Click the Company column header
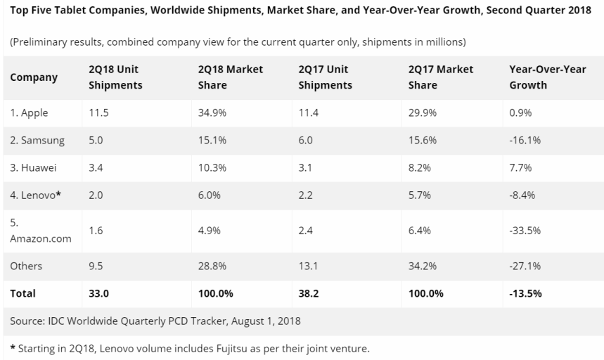click(x=34, y=77)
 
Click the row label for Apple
click(x=30, y=112)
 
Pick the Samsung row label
click(x=37, y=140)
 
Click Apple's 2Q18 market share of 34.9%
click(x=211, y=112)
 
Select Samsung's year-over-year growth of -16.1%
click(x=525, y=140)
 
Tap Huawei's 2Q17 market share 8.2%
click(x=420, y=168)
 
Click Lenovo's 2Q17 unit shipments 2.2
click(x=306, y=195)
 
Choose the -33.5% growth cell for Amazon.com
click(x=525, y=231)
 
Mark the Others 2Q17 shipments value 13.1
click(x=309, y=266)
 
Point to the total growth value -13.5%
click(x=525, y=293)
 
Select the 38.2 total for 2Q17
click(x=309, y=293)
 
